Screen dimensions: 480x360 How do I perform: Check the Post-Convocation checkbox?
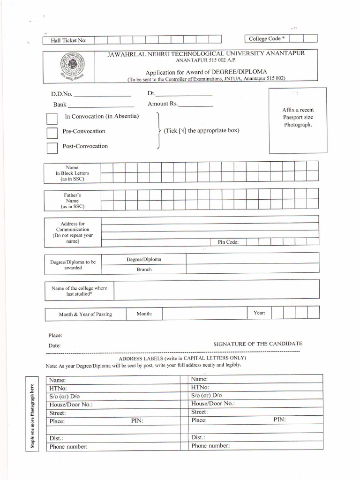pyautogui.click(x=52, y=148)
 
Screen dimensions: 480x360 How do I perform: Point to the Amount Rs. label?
pyautogui.click(x=163, y=104)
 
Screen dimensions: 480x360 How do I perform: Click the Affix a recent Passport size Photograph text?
pyautogui.click(x=298, y=117)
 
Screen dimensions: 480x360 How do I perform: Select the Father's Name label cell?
pyautogui.click(x=72, y=200)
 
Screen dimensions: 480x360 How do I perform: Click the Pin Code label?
pyautogui.click(x=228, y=242)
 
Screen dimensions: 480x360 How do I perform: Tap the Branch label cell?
pyautogui.click(x=144, y=270)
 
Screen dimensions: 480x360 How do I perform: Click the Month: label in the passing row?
pyautogui.click(x=144, y=314)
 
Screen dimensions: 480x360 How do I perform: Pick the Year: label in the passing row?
pyautogui.click(x=259, y=312)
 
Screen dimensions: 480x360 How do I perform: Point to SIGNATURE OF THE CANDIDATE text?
pyautogui.click(x=258, y=344)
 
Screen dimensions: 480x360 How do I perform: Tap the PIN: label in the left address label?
pyautogui.click(x=137, y=421)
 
